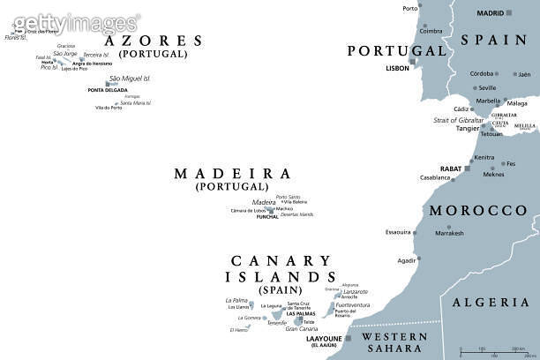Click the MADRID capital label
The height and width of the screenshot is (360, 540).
(x=491, y=13)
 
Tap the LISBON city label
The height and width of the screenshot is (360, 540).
(x=398, y=68)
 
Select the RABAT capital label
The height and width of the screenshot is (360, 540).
(x=452, y=168)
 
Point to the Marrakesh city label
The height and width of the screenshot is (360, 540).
(x=449, y=233)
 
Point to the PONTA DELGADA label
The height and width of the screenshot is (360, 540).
(x=108, y=90)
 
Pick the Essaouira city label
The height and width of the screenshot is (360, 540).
(x=398, y=232)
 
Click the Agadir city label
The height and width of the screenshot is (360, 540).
(x=407, y=261)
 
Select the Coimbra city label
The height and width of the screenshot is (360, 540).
(x=431, y=30)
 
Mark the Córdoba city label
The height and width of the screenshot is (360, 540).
(x=481, y=74)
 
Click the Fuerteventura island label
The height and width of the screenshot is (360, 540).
(x=353, y=305)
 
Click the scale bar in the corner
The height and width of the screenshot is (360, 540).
(x=485, y=351)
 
